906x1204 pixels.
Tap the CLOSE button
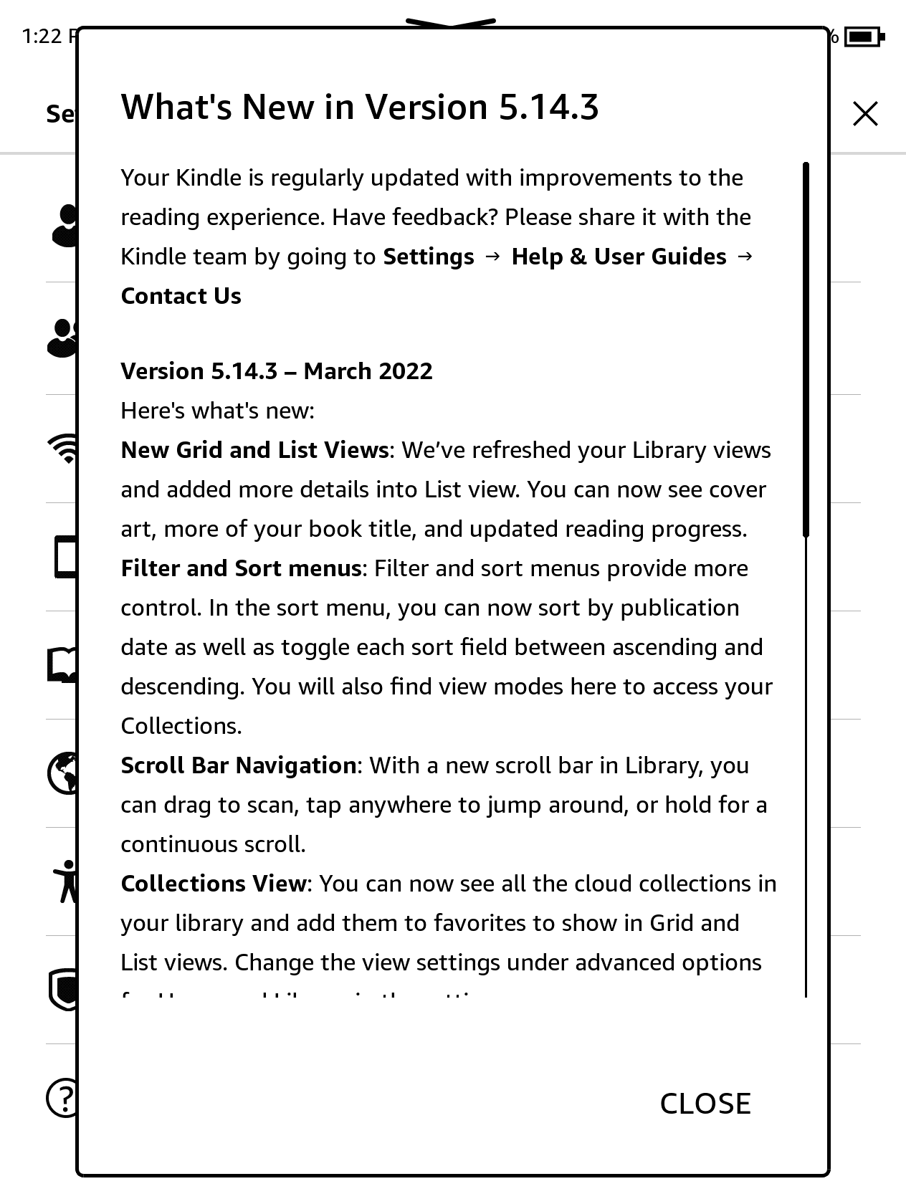[705, 1104]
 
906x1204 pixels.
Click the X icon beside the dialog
[865, 114]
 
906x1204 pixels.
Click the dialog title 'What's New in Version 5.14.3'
[359, 107]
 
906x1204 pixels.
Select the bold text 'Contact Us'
[181, 296]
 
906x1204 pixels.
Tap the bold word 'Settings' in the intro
[429, 257]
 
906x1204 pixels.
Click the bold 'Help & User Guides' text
[619, 257]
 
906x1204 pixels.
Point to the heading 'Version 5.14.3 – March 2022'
[277, 371]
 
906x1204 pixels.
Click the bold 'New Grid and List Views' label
[254, 450]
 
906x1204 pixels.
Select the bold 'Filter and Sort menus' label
[241, 568]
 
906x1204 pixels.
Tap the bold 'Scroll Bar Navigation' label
[238, 765]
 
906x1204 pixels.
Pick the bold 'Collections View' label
[213, 884]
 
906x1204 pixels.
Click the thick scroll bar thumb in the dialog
[806, 350]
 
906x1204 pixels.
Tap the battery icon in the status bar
[864, 36]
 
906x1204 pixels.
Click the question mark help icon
[63, 1097]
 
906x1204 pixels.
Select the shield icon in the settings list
[63, 989]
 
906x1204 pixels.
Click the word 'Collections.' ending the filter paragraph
[181, 726]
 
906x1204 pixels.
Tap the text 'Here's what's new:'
[217, 411]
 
